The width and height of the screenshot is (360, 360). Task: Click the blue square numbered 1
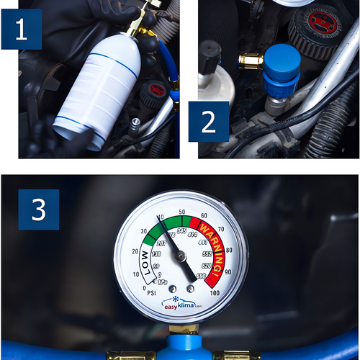[21, 29]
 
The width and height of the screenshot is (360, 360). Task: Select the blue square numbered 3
[38, 210]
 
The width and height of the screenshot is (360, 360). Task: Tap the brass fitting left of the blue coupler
[251, 60]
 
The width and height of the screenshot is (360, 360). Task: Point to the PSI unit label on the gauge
[151, 293]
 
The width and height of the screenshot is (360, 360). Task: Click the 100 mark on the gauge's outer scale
[215, 292]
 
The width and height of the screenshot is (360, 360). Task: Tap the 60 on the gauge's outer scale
[204, 215]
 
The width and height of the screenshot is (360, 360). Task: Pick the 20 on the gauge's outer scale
[135, 251]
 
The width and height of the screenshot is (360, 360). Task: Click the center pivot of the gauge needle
[181, 256]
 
